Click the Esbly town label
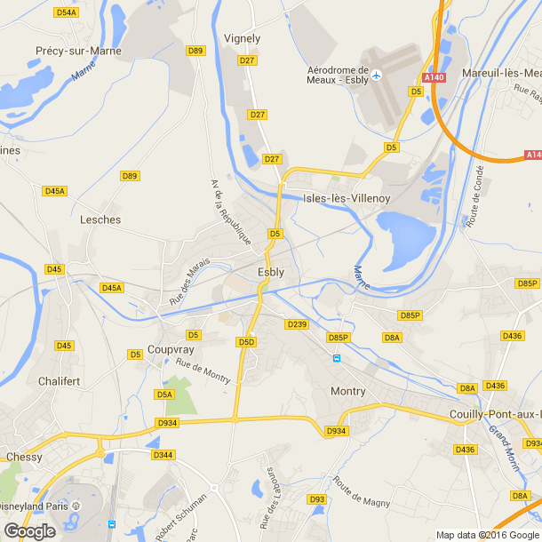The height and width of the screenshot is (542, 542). click(x=271, y=272)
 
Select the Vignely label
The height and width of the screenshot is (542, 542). click(x=243, y=38)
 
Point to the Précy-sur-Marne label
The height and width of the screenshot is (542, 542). click(x=78, y=51)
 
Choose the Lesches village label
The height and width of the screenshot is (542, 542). click(x=100, y=219)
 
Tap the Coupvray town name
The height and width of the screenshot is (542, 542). click(x=171, y=349)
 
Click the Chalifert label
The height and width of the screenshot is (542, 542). click(x=60, y=380)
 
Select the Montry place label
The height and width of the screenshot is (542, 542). click(x=347, y=391)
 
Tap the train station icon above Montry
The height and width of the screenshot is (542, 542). click(x=336, y=358)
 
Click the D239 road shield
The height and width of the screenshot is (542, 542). click(x=297, y=324)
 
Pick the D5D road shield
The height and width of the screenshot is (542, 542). click(x=246, y=341)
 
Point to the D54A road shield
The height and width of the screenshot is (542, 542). click(x=66, y=12)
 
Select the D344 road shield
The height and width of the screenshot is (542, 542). click(x=163, y=454)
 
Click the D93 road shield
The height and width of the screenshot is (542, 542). click(x=317, y=499)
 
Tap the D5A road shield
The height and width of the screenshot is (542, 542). click(x=164, y=394)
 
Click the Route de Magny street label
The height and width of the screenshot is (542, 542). click(x=362, y=493)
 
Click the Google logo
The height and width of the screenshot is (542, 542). click(x=29, y=530)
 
